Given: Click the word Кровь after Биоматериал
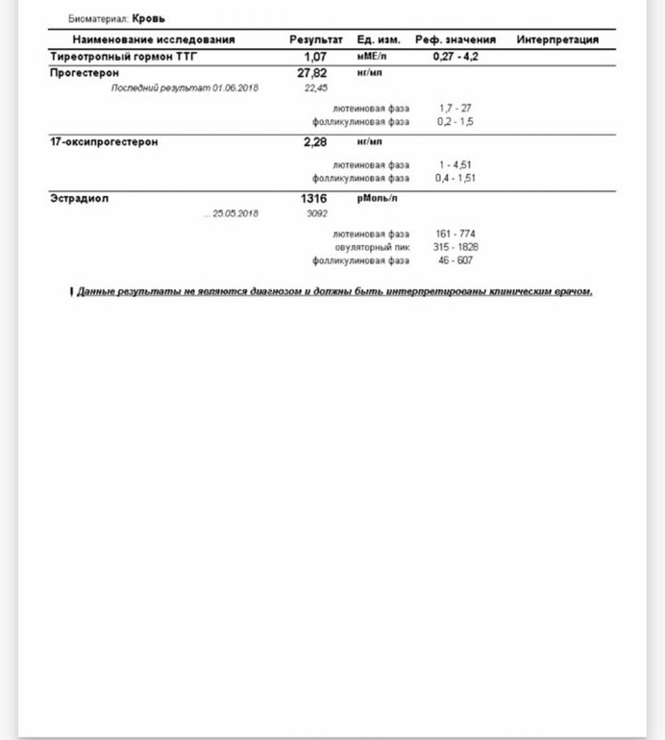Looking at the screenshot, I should [148, 18].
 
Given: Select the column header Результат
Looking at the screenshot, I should [315, 40].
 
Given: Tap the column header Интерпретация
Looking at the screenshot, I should [557, 40].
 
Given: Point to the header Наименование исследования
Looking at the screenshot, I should [154, 40].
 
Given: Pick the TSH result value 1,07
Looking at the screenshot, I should [315, 58].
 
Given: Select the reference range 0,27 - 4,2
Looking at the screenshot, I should [456, 58].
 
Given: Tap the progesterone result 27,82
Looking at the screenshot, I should [312, 72].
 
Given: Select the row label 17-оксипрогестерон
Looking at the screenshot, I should [103, 141].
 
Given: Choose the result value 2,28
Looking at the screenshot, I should [314, 141].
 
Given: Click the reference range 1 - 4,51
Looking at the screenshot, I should [456, 164].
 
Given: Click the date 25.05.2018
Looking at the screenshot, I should [235, 213].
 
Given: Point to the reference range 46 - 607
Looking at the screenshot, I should [456, 260].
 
